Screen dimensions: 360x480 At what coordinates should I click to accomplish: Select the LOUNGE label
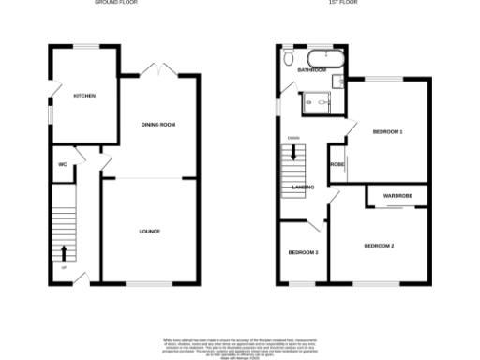(x=149, y=231)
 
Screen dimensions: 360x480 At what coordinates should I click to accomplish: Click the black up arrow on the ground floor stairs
(x=63, y=251)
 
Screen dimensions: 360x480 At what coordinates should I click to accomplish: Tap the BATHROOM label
(x=311, y=70)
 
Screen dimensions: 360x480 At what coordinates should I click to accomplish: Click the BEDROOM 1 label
(x=387, y=131)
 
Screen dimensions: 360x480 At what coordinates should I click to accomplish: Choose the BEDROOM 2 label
(x=379, y=246)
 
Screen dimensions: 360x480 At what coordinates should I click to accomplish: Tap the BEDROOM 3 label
(x=303, y=253)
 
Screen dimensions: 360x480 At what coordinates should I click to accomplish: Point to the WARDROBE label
(x=397, y=195)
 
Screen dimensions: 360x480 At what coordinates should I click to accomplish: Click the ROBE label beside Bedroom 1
(x=337, y=164)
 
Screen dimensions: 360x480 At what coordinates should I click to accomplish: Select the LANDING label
(x=303, y=187)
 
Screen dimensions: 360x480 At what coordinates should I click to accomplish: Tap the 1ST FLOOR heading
(x=339, y=3)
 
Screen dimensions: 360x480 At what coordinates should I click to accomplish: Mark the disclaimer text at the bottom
(x=241, y=345)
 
